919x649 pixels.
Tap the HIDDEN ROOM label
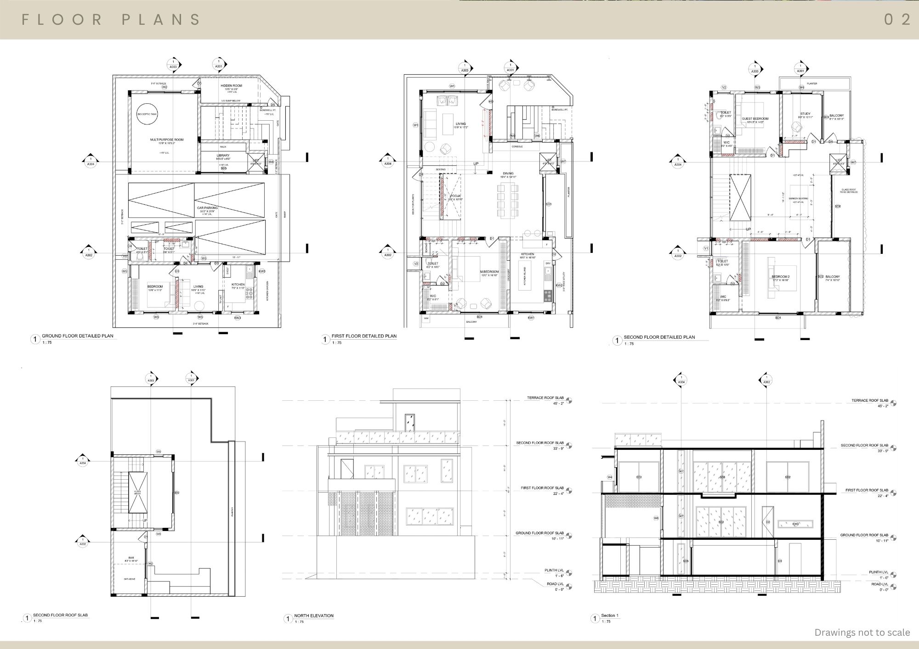pyautogui.click(x=231, y=86)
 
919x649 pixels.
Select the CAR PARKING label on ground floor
pyautogui.click(x=207, y=208)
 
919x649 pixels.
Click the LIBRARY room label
pyautogui.click(x=223, y=156)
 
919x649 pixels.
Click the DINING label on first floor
pyautogui.click(x=508, y=173)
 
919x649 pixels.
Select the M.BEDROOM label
pyautogui.click(x=489, y=272)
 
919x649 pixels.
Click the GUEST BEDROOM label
pyautogui.click(x=755, y=119)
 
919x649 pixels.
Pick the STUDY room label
pyautogui.click(x=805, y=114)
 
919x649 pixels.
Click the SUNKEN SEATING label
pyautogui.click(x=798, y=199)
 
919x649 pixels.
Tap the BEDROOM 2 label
pyautogui.click(x=780, y=277)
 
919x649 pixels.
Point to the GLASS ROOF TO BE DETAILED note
pyautogui.click(x=849, y=190)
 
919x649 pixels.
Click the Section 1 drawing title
pyautogui.click(x=610, y=615)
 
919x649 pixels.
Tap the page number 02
pyautogui.click(x=897, y=19)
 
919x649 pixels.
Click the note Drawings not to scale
pyautogui.click(x=862, y=632)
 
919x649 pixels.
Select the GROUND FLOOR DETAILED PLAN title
pyautogui.click(x=77, y=336)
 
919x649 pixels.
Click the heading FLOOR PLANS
pyautogui.click(x=111, y=19)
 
